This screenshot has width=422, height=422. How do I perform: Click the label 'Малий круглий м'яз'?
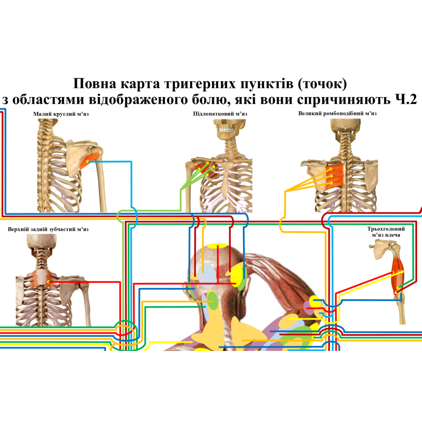pyautogui.click(x=61, y=114)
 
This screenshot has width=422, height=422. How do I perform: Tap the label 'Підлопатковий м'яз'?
pyautogui.click(x=220, y=114)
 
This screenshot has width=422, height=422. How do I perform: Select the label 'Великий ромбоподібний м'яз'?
pyautogui.click(x=337, y=114)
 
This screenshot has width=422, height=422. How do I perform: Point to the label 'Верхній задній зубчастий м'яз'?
pyautogui.click(x=48, y=229)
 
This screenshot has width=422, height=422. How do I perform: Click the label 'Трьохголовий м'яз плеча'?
pyautogui.click(x=386, y=232)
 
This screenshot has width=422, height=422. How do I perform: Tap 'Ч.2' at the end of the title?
pyautogui.click(x=405, y=100)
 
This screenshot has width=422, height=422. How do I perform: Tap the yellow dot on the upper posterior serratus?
pyautogui.click(x=49, y=282)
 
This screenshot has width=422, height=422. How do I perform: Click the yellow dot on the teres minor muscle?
pyautogui.click(x=87, y=161)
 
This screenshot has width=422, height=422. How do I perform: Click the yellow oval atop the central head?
pyautogui.click(x=217, y=246)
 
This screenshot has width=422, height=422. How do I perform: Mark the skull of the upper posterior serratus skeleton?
pyautogui.click(x=41, y=243)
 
